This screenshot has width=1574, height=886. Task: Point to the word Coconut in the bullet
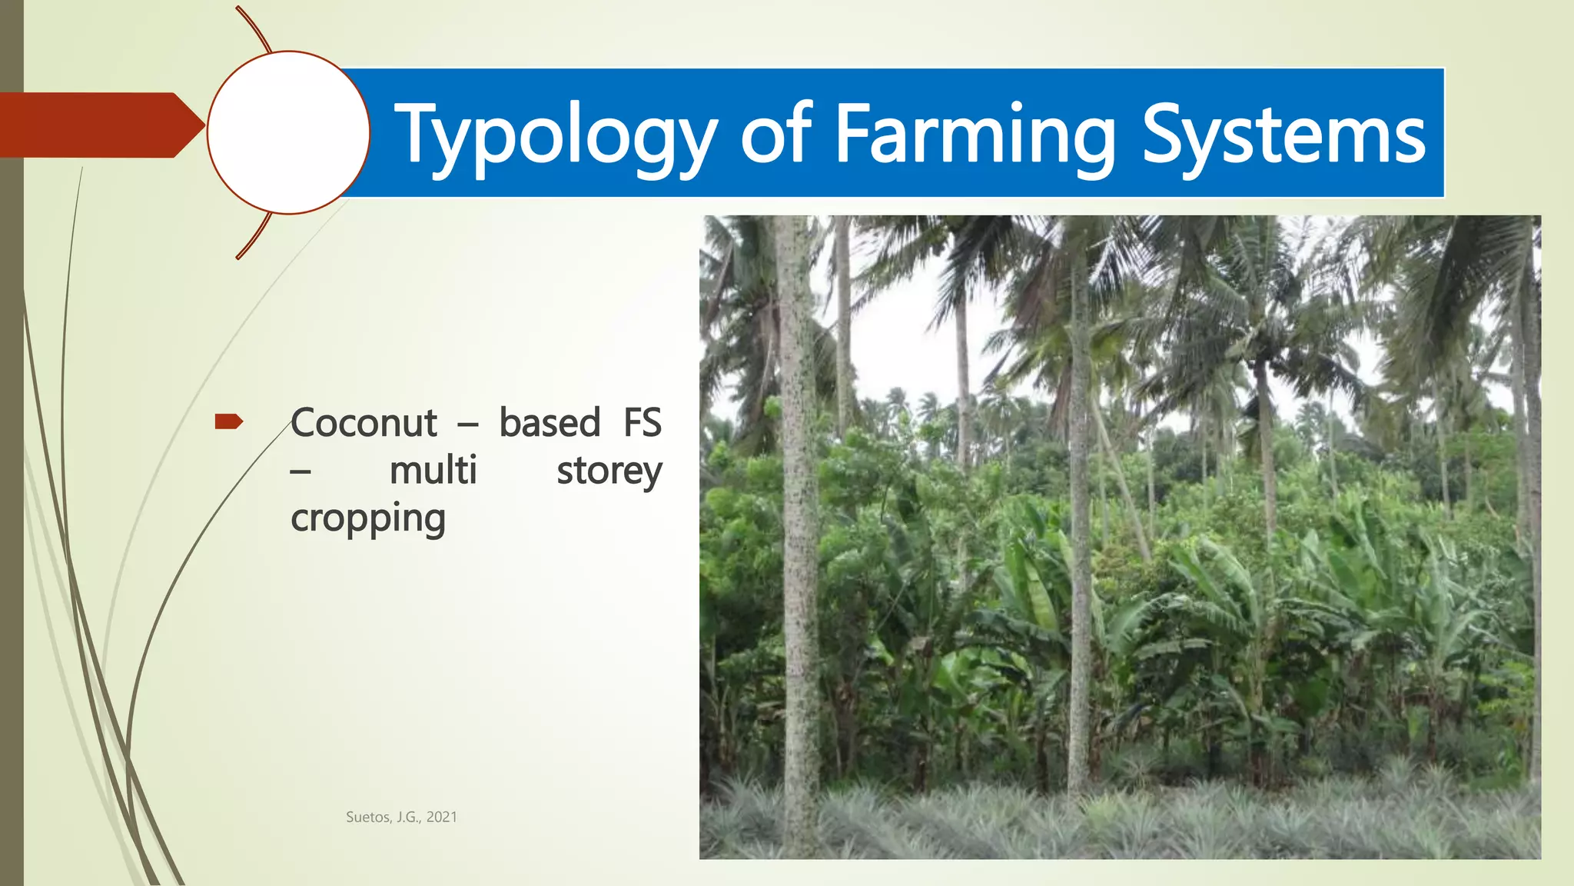tap(364, 423)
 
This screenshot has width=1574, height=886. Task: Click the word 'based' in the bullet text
tap(550, 423)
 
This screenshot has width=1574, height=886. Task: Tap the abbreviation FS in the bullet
tap(642, 423)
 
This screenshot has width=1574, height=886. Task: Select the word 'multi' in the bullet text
tap(433, 471)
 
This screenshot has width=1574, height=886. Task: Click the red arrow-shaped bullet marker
tap(228, 421)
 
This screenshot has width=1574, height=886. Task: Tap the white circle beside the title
tap(288, 132)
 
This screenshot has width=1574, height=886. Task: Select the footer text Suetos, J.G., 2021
tap(401, 818)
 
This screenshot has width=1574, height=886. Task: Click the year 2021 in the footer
tap(441, 818)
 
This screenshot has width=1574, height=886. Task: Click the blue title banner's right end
tap(1434, 132)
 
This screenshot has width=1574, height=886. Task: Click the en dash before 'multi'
tap(301, 472)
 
